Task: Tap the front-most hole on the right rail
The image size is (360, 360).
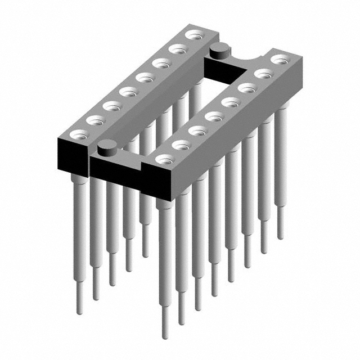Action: coord(164,159)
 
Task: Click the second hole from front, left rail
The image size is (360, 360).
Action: coord(95,120)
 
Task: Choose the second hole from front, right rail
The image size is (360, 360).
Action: coord(181,145)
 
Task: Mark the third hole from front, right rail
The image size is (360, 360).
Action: coord(197,130)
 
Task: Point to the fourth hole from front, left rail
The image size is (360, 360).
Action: coord(128,91)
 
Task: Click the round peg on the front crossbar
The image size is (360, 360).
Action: coord(106,148)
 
